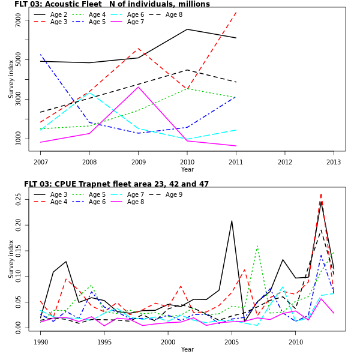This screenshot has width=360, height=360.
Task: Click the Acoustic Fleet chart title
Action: coord(112,4)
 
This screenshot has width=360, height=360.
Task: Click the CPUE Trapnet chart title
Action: coord(116,184)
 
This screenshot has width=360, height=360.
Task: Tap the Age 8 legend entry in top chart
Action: coord(173,14)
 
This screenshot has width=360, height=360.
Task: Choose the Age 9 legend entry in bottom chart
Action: coord(173,194)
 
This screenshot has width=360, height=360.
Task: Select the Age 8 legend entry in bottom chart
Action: coord(135,202)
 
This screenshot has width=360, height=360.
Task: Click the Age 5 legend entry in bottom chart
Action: coord(97,194)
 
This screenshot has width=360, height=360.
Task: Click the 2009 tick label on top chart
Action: coord(138,161)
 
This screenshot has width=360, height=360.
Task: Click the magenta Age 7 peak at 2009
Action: coord(138,87)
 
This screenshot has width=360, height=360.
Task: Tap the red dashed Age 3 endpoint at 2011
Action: coord(236,13)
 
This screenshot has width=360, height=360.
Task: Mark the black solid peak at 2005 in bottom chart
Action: coord(232,221)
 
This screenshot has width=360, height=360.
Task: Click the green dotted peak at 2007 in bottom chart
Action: coord(257,245)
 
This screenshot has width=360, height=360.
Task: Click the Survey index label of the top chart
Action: coord(11,79)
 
